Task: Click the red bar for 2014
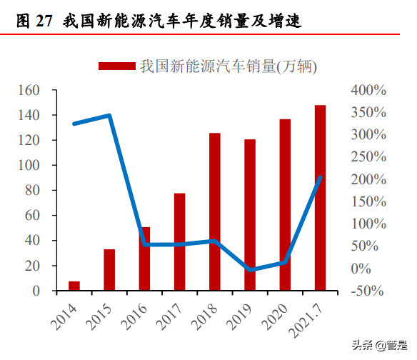click(x=74, y=286)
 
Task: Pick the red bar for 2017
click(x=179, y=242)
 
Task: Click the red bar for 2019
click(x=250, y=214)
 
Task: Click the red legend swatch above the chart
click(x=116, y=66)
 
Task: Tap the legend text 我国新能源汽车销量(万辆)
click(x=228, y=66)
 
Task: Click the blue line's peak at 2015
click(x=109, y=115)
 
